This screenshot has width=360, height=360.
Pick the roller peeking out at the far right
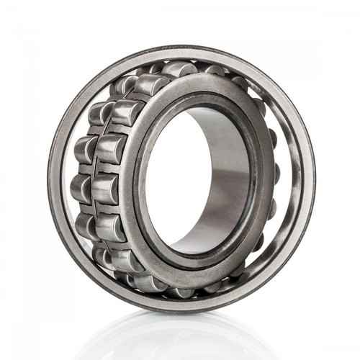coord(276,173)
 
